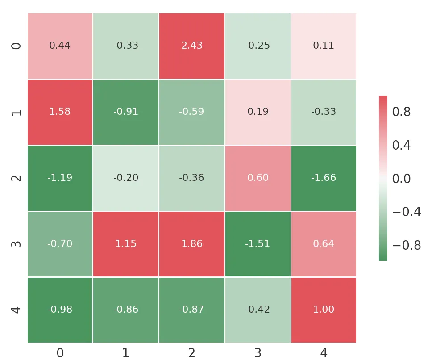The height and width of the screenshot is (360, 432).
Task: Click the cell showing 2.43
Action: tap(191, 46)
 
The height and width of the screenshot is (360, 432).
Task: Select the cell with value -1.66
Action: tap(324, 178)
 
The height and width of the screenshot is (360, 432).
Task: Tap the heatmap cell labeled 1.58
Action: tap(60, 112)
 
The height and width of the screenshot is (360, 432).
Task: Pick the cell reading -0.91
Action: tap(126, 112)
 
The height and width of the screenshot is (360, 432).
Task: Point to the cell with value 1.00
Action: tap(324, 310)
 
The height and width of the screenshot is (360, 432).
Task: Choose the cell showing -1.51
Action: tap(258, 244)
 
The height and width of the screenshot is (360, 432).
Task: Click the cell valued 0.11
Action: tap(324, 46)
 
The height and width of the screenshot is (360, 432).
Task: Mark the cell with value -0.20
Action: tap(126, 178)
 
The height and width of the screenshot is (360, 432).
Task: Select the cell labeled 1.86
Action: tap(191, 244)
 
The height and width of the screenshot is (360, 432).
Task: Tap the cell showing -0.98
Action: tap(60, 310)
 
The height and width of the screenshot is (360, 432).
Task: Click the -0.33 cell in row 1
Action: tap(324, 112)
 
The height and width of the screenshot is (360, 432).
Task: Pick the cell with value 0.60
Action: tap(258, 178)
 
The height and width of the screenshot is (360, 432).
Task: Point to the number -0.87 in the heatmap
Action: tap(191, 310)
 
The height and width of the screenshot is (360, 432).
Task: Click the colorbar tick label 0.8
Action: tap(401, 112)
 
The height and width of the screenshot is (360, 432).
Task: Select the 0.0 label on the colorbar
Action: tap(401, 179)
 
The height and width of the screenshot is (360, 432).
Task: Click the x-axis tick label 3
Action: tap(258, 353)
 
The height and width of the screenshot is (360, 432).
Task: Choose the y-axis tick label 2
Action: tap(16, 178)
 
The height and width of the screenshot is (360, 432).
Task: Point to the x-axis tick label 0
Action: tap(60, 353)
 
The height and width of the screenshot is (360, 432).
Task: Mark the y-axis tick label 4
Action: tap(16, 310)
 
